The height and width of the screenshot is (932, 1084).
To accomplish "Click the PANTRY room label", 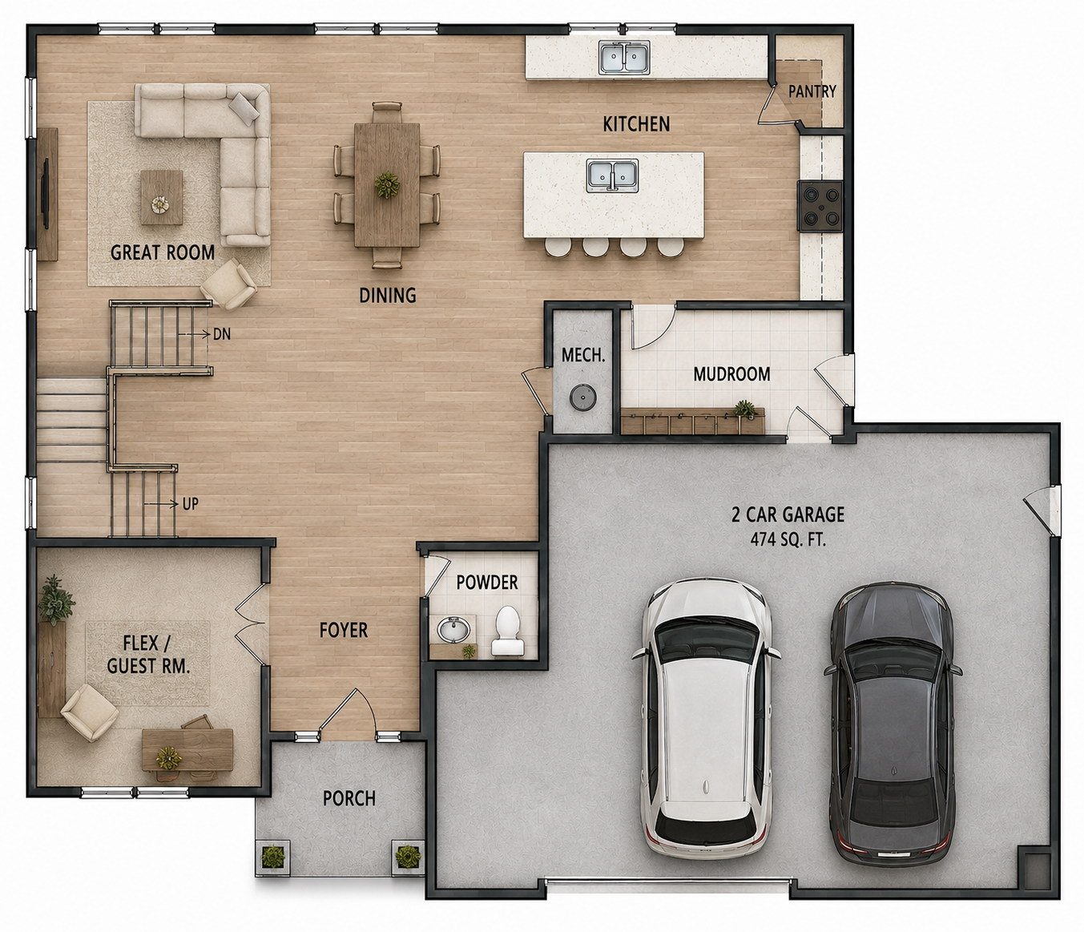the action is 812,92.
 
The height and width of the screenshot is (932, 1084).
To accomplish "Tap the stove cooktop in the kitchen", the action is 820,206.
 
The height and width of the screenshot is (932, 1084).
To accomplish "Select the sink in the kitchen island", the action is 613,176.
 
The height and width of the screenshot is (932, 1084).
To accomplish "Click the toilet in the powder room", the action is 508,631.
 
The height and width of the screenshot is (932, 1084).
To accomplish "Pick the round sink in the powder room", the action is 451,628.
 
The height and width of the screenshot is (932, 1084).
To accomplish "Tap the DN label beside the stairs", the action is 222,334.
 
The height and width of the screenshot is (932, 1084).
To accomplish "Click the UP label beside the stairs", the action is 191,504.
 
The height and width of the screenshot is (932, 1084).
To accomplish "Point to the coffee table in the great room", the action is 162,197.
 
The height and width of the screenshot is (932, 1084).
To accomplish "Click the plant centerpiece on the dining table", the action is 387,184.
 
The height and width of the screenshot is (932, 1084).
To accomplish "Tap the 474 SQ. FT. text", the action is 788,539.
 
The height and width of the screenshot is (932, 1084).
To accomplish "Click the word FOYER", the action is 344,630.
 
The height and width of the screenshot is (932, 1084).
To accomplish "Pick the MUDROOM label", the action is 731,374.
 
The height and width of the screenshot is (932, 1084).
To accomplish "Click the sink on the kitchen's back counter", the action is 625,57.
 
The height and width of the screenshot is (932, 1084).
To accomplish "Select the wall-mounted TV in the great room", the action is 46,194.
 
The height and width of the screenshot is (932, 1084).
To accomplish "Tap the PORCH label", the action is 349,798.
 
